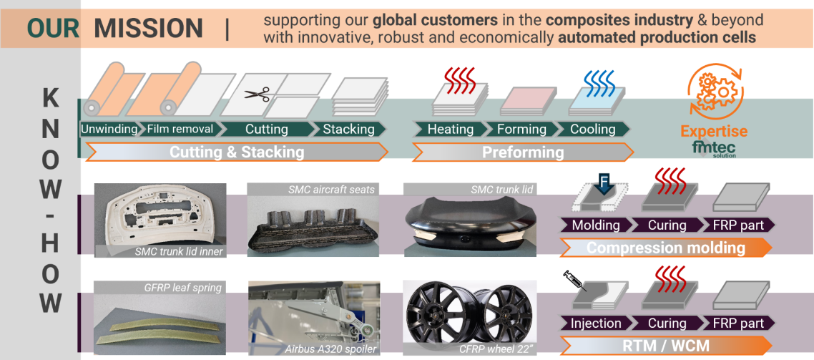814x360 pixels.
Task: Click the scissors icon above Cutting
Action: click(x=257, y=94)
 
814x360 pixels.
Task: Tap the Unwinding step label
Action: click(x=109, y=129)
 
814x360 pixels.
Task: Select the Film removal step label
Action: click(x=180, y=129)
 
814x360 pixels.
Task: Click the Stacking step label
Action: click(x=348, y=129)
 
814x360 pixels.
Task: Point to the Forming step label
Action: click(x=521, y=129)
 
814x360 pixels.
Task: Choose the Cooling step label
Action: click(x=593, y=129)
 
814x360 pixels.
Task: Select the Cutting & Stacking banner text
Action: click(x=237, y=152)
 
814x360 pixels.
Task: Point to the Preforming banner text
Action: click(x=523, y=152)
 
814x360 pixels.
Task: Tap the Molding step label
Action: click(x=595, y=225)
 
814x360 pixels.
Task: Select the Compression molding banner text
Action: click(x=666, y=247)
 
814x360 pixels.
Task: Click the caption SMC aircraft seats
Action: click(x=331, y=190)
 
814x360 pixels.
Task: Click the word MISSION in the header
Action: click(x=149, y=28)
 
